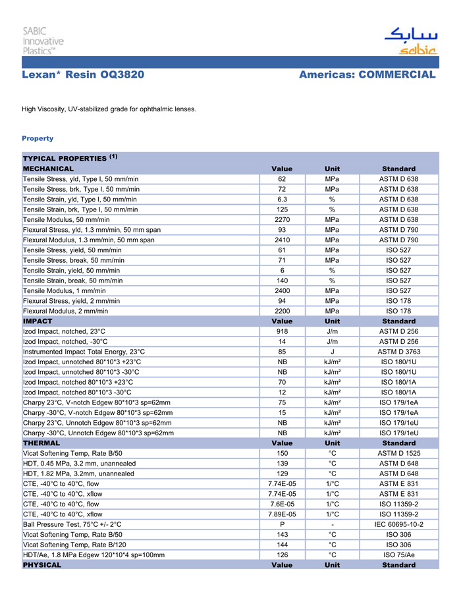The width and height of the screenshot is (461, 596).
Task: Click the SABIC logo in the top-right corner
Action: [x=410, y=41]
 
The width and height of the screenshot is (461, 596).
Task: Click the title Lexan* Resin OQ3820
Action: [x=83, y=75]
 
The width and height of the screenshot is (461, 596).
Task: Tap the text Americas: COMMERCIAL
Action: [x=367, y=75]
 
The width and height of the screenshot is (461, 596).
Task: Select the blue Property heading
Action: [x=38, y=138]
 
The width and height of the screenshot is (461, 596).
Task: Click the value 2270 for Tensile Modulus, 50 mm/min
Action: [x=282, y=219]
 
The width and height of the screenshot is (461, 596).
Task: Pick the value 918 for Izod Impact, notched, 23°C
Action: [x=282, y=331]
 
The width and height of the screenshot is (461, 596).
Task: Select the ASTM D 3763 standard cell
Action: [x=398, y=352]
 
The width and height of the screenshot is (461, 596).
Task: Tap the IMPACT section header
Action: [x=38, y=321]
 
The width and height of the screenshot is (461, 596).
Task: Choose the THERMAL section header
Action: [x=41, y=443]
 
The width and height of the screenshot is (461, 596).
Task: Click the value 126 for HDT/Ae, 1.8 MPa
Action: [x=282, y=555]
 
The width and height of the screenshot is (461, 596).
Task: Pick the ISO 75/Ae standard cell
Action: [x=398, y=555]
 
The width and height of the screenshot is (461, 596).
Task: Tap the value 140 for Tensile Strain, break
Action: [x=282, y=281]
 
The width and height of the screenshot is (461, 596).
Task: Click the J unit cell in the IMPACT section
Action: [x=333, y=352]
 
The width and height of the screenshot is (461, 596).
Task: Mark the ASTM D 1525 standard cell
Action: [x=398, y=454]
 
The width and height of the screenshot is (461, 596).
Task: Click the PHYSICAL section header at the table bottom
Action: [x=42, y=565]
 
